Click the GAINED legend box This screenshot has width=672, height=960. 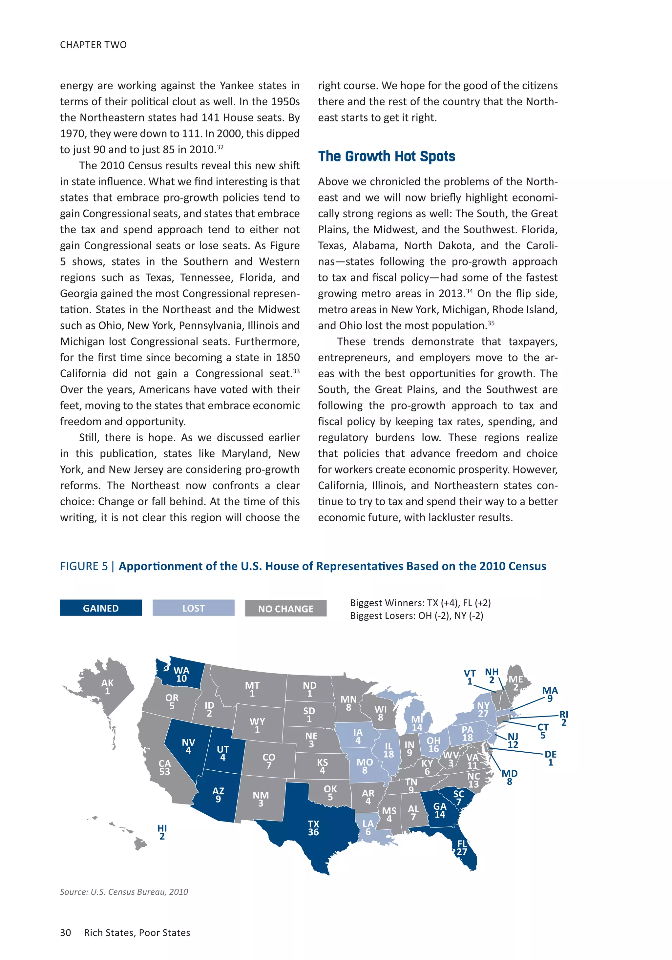[100, 608]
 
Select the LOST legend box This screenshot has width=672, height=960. [193, 608]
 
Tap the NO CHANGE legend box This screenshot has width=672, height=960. [285, 608]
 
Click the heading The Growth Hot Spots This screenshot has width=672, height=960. [387, 157]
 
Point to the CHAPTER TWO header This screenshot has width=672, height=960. [93, 45]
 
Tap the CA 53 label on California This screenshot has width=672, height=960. [164, 767]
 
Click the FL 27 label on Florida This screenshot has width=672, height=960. [462, 847]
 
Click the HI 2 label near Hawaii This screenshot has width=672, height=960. [162, 832]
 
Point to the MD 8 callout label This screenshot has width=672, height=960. [509, 777]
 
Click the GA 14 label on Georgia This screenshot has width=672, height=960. [439, 810]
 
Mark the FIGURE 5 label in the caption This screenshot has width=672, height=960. [84, 566]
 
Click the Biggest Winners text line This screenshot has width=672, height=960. [420, 602]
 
